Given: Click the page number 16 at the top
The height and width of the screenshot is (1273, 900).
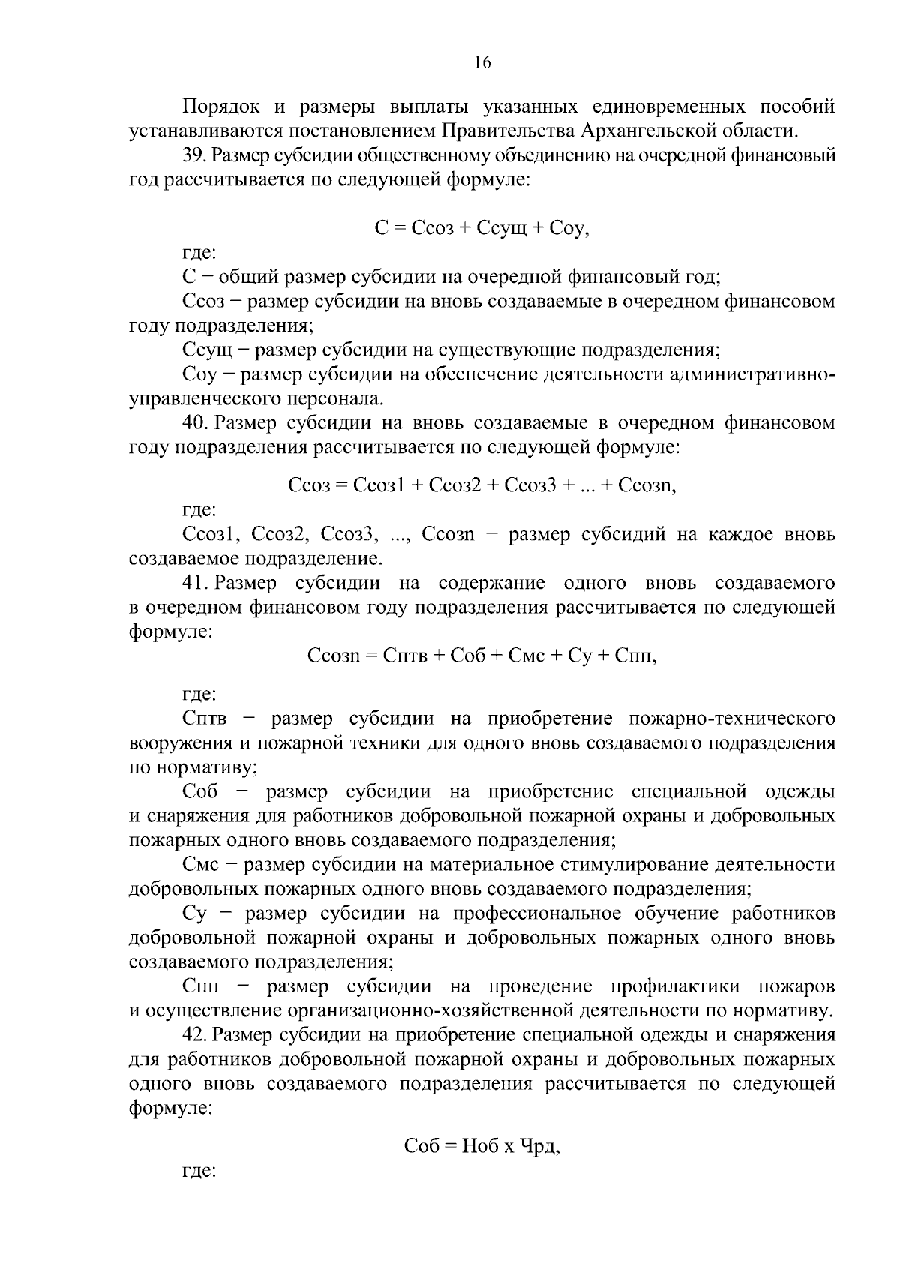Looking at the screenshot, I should click(x=481, y=63).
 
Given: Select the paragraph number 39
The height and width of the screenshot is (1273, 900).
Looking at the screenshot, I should click(x=194, y=156).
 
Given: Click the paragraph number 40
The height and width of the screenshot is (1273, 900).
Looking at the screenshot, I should click(x=195, y=423).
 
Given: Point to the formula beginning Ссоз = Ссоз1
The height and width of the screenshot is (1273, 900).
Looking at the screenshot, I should click(x=482, y=485).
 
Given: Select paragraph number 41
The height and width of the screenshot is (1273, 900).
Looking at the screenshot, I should click(x=194, y=583).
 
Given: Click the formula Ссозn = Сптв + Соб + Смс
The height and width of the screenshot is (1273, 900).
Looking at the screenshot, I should click(x=482, y=656).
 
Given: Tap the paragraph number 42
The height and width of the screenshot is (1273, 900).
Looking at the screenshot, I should click(x=194, y=1035).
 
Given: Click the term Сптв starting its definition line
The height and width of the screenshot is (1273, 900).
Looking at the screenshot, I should click(x=204, y=719).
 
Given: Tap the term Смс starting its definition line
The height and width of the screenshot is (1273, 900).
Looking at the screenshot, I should click(x=200, y=865).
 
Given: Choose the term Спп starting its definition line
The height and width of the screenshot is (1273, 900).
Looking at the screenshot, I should click(x=200, y=986).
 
